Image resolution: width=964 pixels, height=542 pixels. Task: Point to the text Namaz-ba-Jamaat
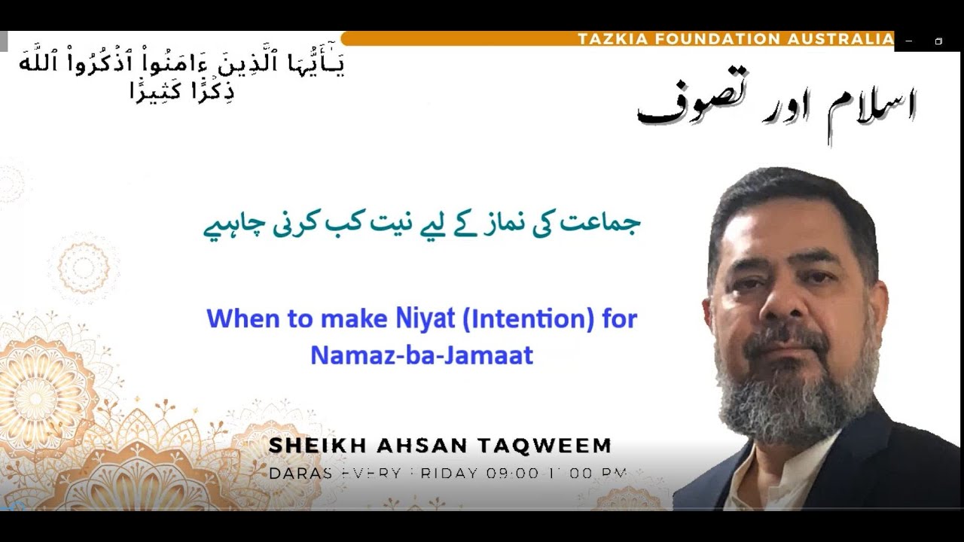click(422, 355)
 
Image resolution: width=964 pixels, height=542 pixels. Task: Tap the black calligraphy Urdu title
click(776, 105)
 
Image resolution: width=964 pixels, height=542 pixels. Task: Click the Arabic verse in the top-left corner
click(181, 75)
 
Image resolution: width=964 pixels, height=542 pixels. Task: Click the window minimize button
click(909, 41)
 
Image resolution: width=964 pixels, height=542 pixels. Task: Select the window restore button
click(938, 41)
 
